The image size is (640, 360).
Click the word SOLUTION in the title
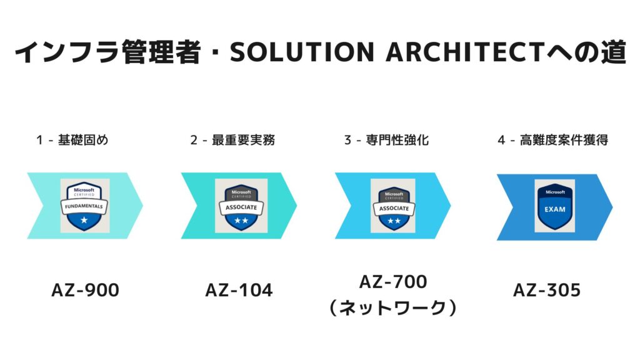[x=302, y=52]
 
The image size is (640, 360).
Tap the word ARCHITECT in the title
[x=466, y=52]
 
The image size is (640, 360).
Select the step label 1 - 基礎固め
[x=72, y=140]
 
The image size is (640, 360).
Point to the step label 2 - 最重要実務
[x=232, y=140]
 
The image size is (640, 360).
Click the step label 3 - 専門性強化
[x=386, y=140]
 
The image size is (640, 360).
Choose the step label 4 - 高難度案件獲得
[x=553, y=140]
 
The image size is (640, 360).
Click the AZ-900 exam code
[x=85, y=290]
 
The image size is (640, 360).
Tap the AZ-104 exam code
[x=239, y=290]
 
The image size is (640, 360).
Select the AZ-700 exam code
[x=393, y=282]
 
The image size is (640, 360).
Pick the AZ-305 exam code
[x=547, y=290]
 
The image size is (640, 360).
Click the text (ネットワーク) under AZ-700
[x=393, y=307]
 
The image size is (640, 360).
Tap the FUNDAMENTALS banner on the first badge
[x=84, y=206]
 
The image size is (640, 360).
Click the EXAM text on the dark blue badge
[x=555, y=209]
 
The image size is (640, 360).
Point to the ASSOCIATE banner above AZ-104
[x=241, y=207]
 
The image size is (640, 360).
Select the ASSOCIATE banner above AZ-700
[x=394, y=208]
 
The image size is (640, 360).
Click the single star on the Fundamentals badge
[x=84, y=221]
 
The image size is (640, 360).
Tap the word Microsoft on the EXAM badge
[x=555, y=192]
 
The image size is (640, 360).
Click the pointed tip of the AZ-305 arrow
[x=612, y=207]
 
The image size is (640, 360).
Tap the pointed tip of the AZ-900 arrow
[x=142, y=206]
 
